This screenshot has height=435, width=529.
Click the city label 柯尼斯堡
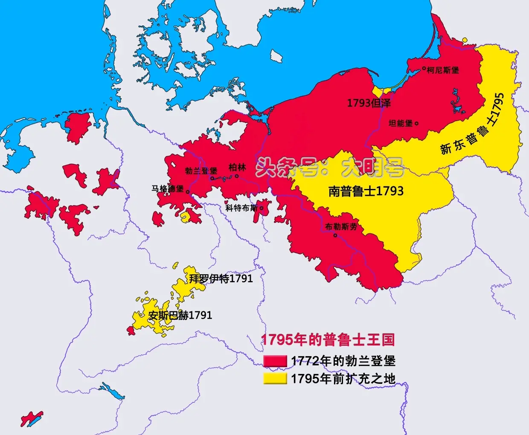(x=443, y=70)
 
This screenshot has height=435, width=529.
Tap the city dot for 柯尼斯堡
(x=424, y=68)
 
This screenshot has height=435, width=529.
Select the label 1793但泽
(x=369, y=103)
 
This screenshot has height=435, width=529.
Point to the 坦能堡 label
(x=401, y=123)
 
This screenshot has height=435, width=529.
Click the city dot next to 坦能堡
(x=417, y=124)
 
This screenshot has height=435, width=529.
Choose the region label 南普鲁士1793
(x=366, y=191)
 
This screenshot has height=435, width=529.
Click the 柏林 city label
(x=237, y=167)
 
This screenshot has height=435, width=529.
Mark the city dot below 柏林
(x=237, y=176)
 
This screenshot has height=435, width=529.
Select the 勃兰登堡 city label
(x=201, y=171)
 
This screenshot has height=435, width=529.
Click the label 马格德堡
(x=168, y=188)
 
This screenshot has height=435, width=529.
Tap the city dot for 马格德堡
(x=188, y=192)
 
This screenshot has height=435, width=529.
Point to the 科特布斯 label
(x=241, y=208)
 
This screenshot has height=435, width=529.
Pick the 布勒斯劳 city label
(x=341, y=227)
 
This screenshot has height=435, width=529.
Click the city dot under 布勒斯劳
(x=335, y=235)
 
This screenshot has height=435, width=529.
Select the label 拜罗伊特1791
(x=221, y=278)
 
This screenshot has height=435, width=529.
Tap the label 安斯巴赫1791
(x=180, y=315)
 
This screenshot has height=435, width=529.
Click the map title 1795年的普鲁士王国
(x=328, y=339)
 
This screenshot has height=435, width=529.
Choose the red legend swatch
(x=275, y=361)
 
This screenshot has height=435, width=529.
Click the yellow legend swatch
(x=275, y=378)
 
